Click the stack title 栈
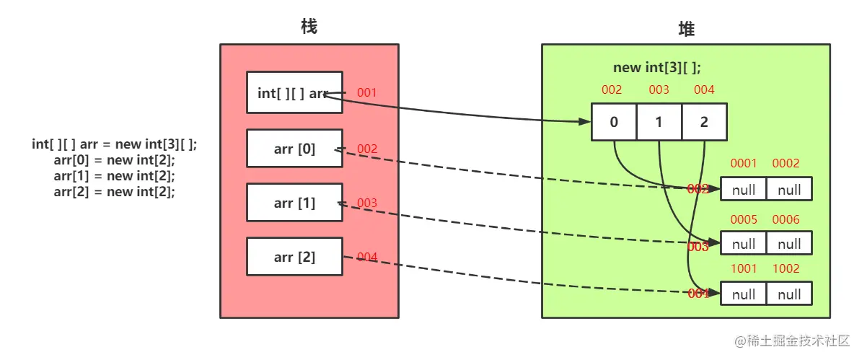[309, 27]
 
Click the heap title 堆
[686, 29]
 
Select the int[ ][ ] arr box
[294, 92]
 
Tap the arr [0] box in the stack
[294, 149]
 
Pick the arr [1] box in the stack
[294, 203]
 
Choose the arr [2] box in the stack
[294, 256]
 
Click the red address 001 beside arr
[366, 93]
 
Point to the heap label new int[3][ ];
[656, 68]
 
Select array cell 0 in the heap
[614, 122]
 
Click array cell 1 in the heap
[659, 122]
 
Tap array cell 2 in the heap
[704, 122]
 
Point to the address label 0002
[786, 164]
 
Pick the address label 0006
[786, 220]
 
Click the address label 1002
[786, 269]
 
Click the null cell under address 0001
[744, 189]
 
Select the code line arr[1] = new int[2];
[114, 176]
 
